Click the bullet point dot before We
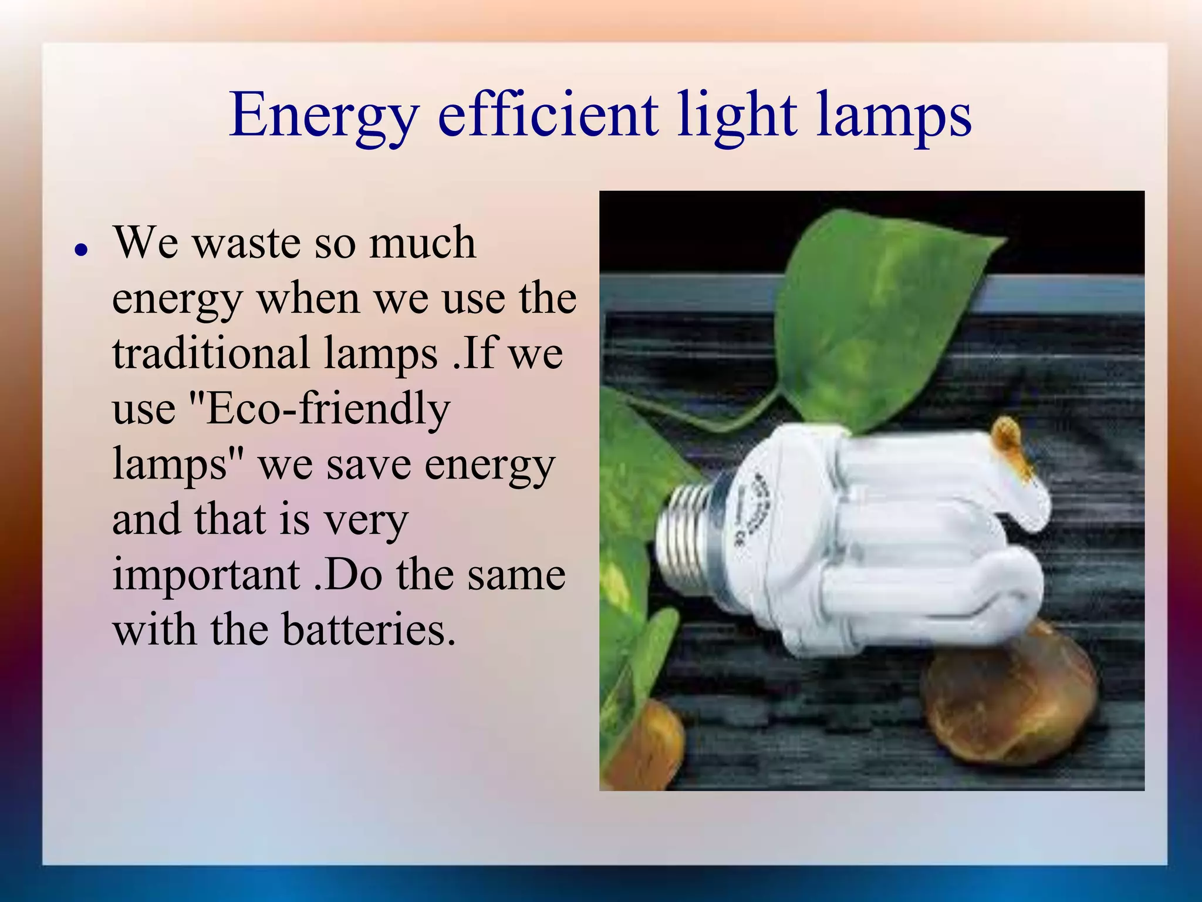82,250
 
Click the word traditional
211,354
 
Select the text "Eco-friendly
320,409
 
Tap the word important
206,575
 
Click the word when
308,298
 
